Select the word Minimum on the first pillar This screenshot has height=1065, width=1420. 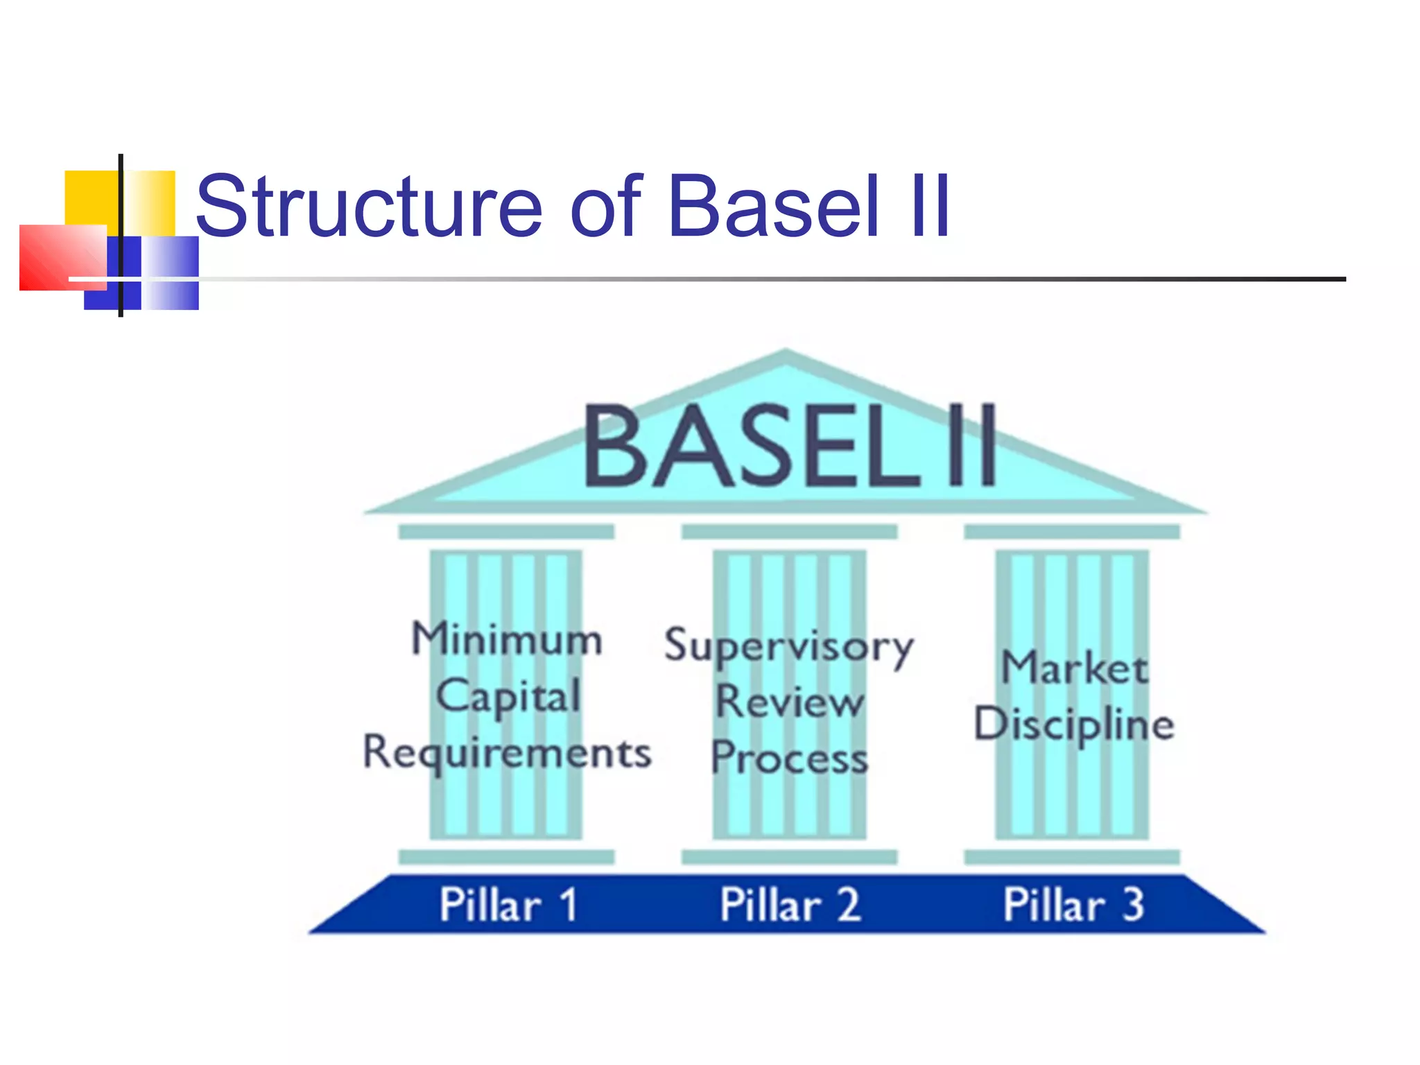(507, 639)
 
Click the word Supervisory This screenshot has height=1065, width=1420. (789, 646)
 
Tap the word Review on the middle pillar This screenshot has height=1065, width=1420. (790, 702)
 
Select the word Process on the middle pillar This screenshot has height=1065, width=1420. (790, 757)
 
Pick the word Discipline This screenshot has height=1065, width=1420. (1074, 725)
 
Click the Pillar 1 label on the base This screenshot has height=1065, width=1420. (508, 905)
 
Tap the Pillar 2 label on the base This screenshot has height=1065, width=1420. (790, 905)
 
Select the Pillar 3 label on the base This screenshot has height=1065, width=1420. (1073, 905)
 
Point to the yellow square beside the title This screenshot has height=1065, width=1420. (90, 198)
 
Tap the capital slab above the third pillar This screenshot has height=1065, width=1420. (1072, 532)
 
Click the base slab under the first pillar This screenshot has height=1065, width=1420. (507, 857)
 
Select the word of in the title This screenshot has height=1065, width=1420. (605, 206)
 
